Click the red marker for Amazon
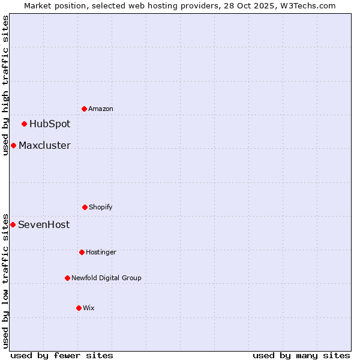(x=84, y=109)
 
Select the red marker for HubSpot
(x=24, y=124)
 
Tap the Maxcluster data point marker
(x=13, y=145)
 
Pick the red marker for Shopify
(x=85, y=207)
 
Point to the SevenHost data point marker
(x=13, y=224)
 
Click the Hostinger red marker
(x=82, y=252)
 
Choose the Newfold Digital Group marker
(x=67, y=278)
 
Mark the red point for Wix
(x=79, y=308)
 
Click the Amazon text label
(x=101, y=109)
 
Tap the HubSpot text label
(x=50, y=124)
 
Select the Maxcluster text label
(x=44, y=145)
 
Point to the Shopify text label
(x=101, y=207)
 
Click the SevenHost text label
(x=44, y=224)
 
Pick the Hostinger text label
(x=101, y=252)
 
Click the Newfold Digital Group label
(x=106, y=278)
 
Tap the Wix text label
(x=89, y=308)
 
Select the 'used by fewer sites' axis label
(x=62, y=355)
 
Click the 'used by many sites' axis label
(x=301, y=355)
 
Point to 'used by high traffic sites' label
(x=5, y=85)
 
